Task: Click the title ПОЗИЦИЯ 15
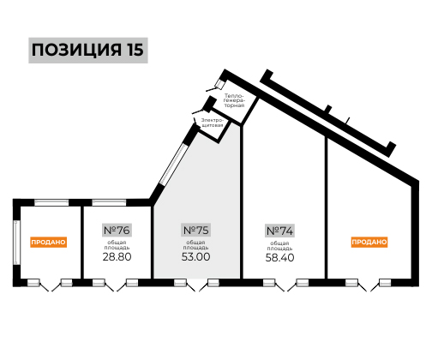point(87,50)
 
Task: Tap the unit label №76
point(117,230)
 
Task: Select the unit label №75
point(196,230)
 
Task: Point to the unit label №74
point(279,231)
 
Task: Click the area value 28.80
point(117,256)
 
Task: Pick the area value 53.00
point(196,256)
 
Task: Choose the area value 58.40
point(279,258)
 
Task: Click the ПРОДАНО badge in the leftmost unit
point(49,242)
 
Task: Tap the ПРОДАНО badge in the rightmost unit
point(369,242)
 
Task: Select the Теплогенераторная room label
point(234,100)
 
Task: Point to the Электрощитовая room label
point(212,123)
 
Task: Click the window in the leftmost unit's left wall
point(16,243)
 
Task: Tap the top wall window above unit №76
point(109,202)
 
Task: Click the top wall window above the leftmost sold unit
point(51,202)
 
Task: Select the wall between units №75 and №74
point(242,201)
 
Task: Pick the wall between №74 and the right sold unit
point(326,207)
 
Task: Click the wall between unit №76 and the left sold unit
point(82,243)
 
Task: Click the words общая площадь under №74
point(279,246)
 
